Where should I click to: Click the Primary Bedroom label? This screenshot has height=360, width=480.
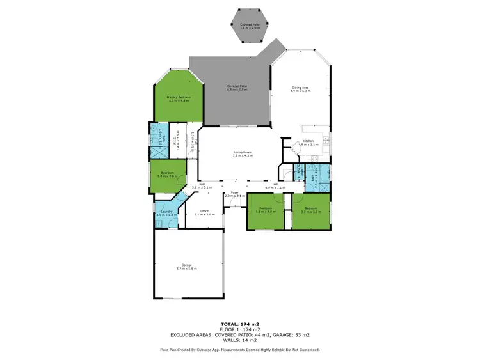tap(179, 98)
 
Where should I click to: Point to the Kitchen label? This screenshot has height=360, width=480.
tap(308, 143)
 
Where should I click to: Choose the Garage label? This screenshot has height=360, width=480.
tap(186, 267)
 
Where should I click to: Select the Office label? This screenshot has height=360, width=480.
tap(204, 212)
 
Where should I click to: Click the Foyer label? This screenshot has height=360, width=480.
tap(235, 194)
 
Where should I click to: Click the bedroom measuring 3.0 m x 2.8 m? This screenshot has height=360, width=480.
tap(168, 174)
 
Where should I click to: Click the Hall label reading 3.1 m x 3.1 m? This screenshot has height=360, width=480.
tap(202, 185)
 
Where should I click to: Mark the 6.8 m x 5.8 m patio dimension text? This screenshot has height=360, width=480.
tap(237, 89)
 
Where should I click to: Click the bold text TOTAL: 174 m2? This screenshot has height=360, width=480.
tap(240, 324)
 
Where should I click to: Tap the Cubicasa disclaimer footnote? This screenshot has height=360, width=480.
tap(240, 350)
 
